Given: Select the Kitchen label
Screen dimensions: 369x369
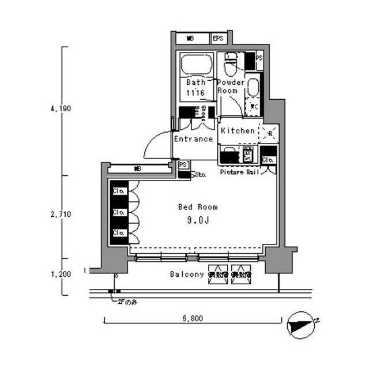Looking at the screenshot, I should tap(238, 131).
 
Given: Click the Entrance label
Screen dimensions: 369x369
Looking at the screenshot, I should tap(193, 139).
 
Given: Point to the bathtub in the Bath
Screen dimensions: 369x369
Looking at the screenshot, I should tap(196, 65).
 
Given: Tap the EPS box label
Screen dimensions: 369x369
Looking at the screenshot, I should tap(218, 39).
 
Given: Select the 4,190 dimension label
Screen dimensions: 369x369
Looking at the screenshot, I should tap(60, 108).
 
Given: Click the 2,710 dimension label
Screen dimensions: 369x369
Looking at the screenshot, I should tap(60, 214).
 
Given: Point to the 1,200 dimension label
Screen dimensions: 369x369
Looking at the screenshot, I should tap(60, 274).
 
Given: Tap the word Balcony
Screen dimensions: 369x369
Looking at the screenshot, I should tap(187, 274).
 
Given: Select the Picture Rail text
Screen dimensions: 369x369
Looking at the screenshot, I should tap(238, 172).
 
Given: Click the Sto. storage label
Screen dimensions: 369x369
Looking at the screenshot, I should tap(201, 174).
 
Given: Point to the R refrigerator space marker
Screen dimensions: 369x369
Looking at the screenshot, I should tap(269, 133).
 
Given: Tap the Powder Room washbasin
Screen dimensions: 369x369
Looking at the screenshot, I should tap(253, 87).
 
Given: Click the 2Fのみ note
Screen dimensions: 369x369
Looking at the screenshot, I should tap(127, 302).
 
